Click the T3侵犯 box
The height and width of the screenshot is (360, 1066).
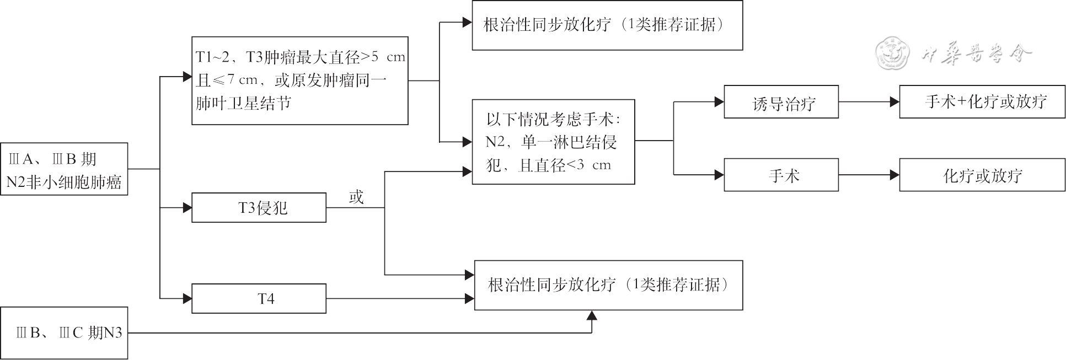click(x=259, y=208)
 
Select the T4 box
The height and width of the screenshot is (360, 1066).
click(x=259, y=299)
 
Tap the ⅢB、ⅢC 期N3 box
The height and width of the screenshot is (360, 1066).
click(x=64, y=333)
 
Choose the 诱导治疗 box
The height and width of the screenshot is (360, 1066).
click(x=781, y=102)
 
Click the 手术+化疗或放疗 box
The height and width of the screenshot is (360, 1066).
click(x=982, y=102)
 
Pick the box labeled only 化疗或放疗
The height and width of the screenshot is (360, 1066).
click(x=982, y=175)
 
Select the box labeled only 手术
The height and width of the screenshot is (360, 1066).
click(x=781, y=175)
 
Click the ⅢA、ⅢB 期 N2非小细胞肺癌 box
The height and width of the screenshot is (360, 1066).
click(x=64, y=169)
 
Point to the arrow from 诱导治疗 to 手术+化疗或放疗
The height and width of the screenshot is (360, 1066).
click(x=869, y=102)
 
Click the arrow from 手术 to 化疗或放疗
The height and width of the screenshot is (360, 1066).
click(x=869, y=175)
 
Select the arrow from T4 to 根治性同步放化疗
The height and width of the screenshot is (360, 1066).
click(x=400, y=299)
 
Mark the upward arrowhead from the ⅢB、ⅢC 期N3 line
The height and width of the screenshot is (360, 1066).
click(x=592, y=316)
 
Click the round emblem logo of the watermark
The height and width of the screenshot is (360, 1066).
click(x=892, y=53)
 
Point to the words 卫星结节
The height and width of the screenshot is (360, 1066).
click(x=266, y=103)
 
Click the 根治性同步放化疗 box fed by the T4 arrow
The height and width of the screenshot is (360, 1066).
click(x=608, y=285)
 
